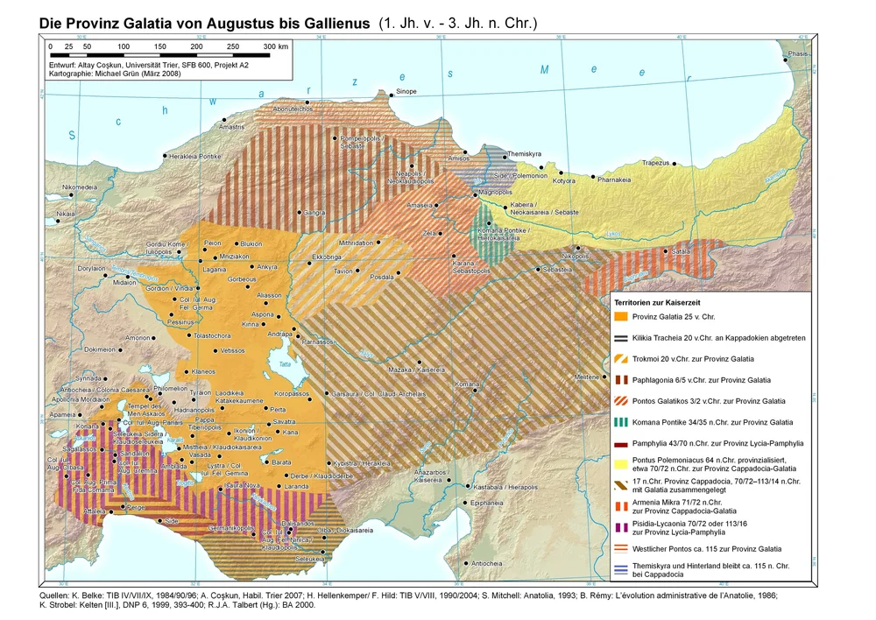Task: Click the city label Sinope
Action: click(406, 91)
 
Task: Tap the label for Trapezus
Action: click(655, 163)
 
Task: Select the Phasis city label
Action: click(797, 54)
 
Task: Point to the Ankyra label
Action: click(266, 266)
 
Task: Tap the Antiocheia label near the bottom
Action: click(489, 563)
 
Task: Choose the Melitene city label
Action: click(587, 377)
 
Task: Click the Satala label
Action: click(680, 251)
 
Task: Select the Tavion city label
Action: click(343, 271)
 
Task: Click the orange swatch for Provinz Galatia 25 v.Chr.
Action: click(621, 316)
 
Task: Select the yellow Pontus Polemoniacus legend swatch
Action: click(621, 464)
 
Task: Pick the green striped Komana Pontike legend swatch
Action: click(621, 422)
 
